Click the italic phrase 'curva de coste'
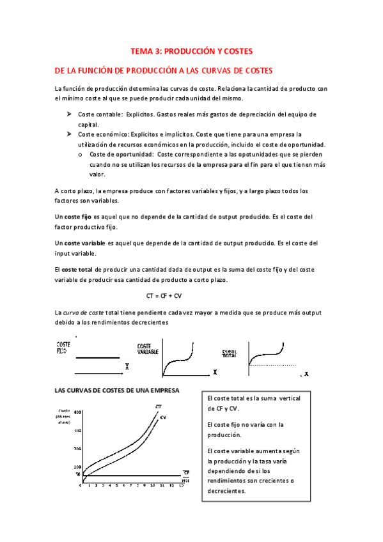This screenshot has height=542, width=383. (87, 313)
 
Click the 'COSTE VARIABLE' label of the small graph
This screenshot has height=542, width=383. (148, 349)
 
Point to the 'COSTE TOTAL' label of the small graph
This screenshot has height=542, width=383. (230, 353)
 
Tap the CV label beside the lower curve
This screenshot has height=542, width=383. (163, 417)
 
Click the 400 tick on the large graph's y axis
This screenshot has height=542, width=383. (78, 413)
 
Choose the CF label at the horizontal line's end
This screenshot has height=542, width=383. (186, 472)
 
